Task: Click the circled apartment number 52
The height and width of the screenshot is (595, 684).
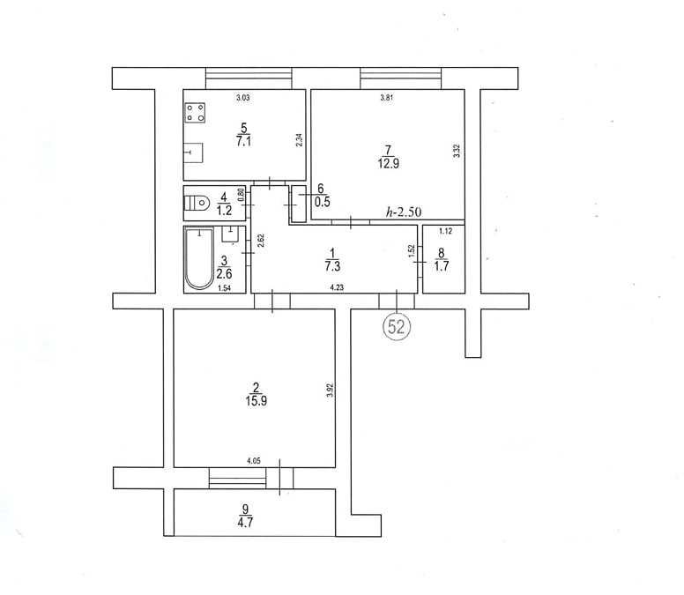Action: [x=397, y=326]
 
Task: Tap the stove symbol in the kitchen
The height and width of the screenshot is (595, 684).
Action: [x=195, y=112]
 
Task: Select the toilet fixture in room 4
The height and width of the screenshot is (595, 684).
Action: [x=197, y=203]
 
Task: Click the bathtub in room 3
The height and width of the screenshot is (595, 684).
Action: [x=199, y=257]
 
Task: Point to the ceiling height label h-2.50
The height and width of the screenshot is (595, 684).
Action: [x=404, y=212]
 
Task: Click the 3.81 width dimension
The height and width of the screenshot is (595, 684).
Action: [x=386, y=98]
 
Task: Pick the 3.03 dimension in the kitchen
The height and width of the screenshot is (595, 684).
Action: [x=243, y=98]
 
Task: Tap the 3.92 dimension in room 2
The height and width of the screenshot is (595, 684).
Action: [x=330, y=390]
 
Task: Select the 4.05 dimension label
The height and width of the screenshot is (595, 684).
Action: [x=254, y=461]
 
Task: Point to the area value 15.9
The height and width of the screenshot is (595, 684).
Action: [x=256, y=401]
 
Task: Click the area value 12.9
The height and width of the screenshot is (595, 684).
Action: [x=388, y=164]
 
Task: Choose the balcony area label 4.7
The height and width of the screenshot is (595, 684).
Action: [x=245, y=522]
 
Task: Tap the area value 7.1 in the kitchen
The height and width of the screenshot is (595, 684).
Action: [x=243, y=141]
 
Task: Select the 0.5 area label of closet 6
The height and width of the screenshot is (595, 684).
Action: [x=323, y=202]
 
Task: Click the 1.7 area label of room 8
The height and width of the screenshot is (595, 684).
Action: [x=442, y=265]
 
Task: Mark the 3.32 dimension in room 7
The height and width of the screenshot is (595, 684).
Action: [x=457, y=151]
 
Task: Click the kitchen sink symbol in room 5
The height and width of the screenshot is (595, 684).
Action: [x=193, y=152]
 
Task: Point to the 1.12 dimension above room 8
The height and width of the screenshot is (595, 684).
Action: [x=445, y=231]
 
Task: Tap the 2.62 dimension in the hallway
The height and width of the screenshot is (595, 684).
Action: [x=261, y=241]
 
